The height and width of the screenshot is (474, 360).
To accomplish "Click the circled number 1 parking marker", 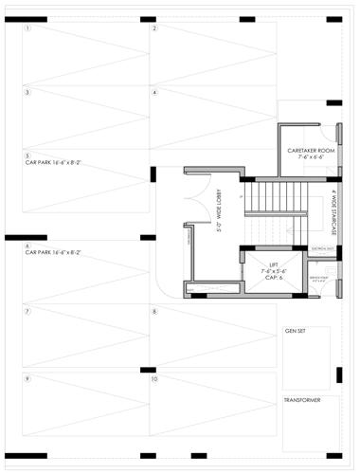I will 28,28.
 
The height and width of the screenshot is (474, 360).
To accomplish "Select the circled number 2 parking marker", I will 154,28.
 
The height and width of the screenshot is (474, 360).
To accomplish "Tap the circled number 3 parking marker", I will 28,93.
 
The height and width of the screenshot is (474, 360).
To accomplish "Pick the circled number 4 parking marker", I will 154,93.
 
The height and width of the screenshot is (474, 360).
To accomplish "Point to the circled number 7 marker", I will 28,311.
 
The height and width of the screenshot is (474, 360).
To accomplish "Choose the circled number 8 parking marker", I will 154,311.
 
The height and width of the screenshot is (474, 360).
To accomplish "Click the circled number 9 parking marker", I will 28,379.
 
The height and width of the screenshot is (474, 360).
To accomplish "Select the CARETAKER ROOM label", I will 312,151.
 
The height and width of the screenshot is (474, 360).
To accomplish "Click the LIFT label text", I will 275,264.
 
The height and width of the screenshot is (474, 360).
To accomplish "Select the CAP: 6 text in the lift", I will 275,278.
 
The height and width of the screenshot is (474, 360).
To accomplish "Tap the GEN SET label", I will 296,334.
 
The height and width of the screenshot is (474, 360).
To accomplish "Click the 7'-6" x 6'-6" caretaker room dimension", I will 312,158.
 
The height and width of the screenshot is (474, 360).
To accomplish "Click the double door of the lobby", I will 196,196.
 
